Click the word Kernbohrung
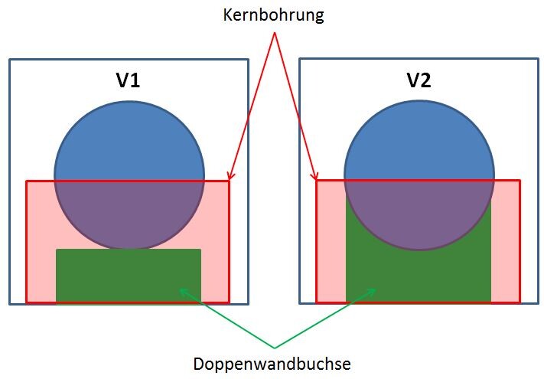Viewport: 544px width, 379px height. click(273, 15)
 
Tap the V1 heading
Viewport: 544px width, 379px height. click(128, 80)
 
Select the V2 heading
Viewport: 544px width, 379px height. click(419, 80)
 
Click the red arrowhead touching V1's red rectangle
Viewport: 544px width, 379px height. click(230, 177)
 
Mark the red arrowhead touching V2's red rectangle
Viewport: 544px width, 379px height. click(315, 178)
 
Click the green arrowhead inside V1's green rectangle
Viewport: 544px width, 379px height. click(181, 289)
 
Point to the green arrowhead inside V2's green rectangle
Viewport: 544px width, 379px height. click(373, 290)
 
